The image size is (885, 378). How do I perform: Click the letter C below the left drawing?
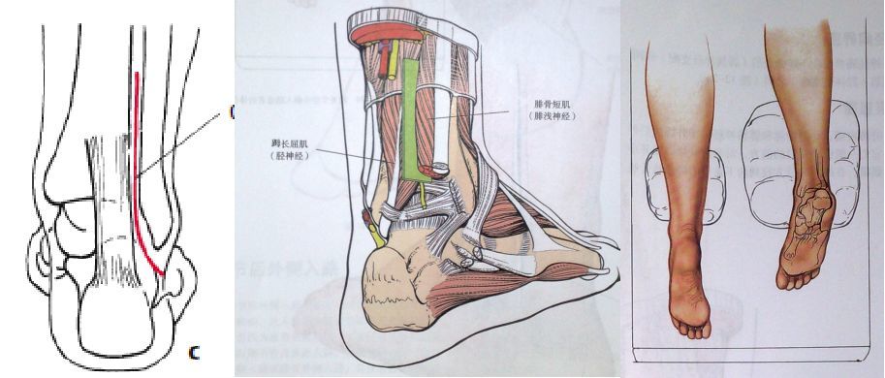tap(194, 352)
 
